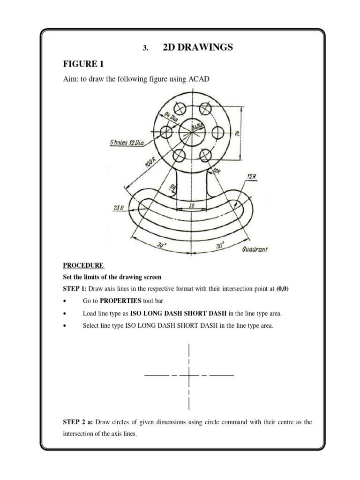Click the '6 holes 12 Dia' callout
tap(124, 143)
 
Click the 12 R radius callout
tap(250, 177)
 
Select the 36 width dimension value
tap(191, 205)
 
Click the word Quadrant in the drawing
tap(255, 249)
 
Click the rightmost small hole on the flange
tap(217, 132)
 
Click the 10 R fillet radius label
tap(217, 172)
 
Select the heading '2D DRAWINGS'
tap(197, 47)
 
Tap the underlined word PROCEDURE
tap(83, 265)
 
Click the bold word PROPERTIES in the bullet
tap(119, 300)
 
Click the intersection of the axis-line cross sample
tap(188, 375)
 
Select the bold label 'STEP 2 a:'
tap(78, 422)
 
